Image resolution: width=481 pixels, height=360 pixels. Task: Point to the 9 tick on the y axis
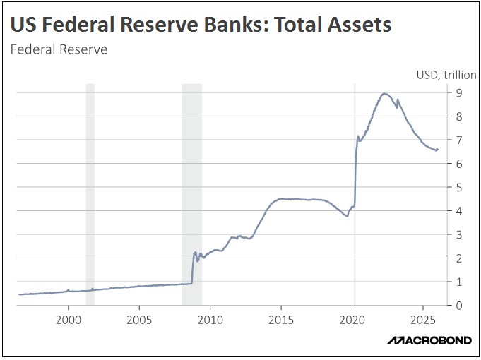point(458,92)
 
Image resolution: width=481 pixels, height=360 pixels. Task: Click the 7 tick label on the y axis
point(458,140)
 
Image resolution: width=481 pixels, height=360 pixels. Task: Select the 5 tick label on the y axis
point(458,187)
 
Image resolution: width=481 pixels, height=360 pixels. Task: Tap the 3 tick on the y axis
point(458,234)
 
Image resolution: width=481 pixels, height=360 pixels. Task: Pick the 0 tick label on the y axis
point(458,306)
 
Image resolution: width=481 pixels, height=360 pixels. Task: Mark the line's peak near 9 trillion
point(384,93)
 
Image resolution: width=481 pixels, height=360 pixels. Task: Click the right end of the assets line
point(438,149)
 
